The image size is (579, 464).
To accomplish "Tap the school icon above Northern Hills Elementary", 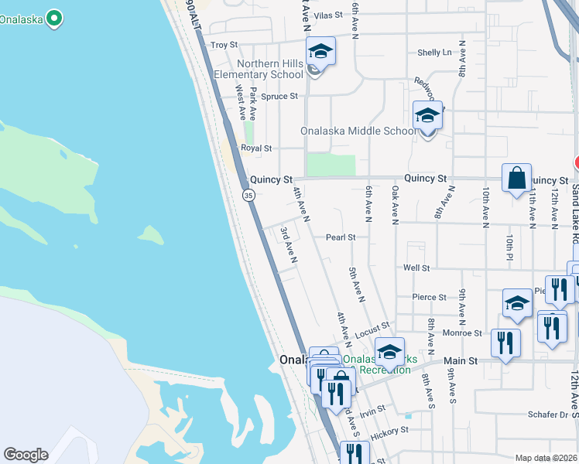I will [x=320, y=52].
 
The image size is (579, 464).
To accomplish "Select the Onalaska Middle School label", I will [x=358, y=131].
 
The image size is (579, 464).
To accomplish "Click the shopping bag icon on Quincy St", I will [x=516, y=178].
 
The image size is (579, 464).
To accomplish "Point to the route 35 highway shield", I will [x=248, y=196].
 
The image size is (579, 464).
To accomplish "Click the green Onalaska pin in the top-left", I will [x=53, y=18].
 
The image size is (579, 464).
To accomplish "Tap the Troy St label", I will [x=224, y=46].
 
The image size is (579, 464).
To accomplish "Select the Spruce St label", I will [x=279, y=97].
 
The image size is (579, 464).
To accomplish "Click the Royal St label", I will [x=256, y=148].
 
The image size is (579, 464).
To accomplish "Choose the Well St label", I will [x=416, y=268].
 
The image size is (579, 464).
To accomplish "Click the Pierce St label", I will [x=430, y=297].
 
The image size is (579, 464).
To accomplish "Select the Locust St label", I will [x=372, y=332].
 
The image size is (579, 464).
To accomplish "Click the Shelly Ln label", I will [x=434, y=53].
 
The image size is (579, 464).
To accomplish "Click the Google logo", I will [x=26, y=455].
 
